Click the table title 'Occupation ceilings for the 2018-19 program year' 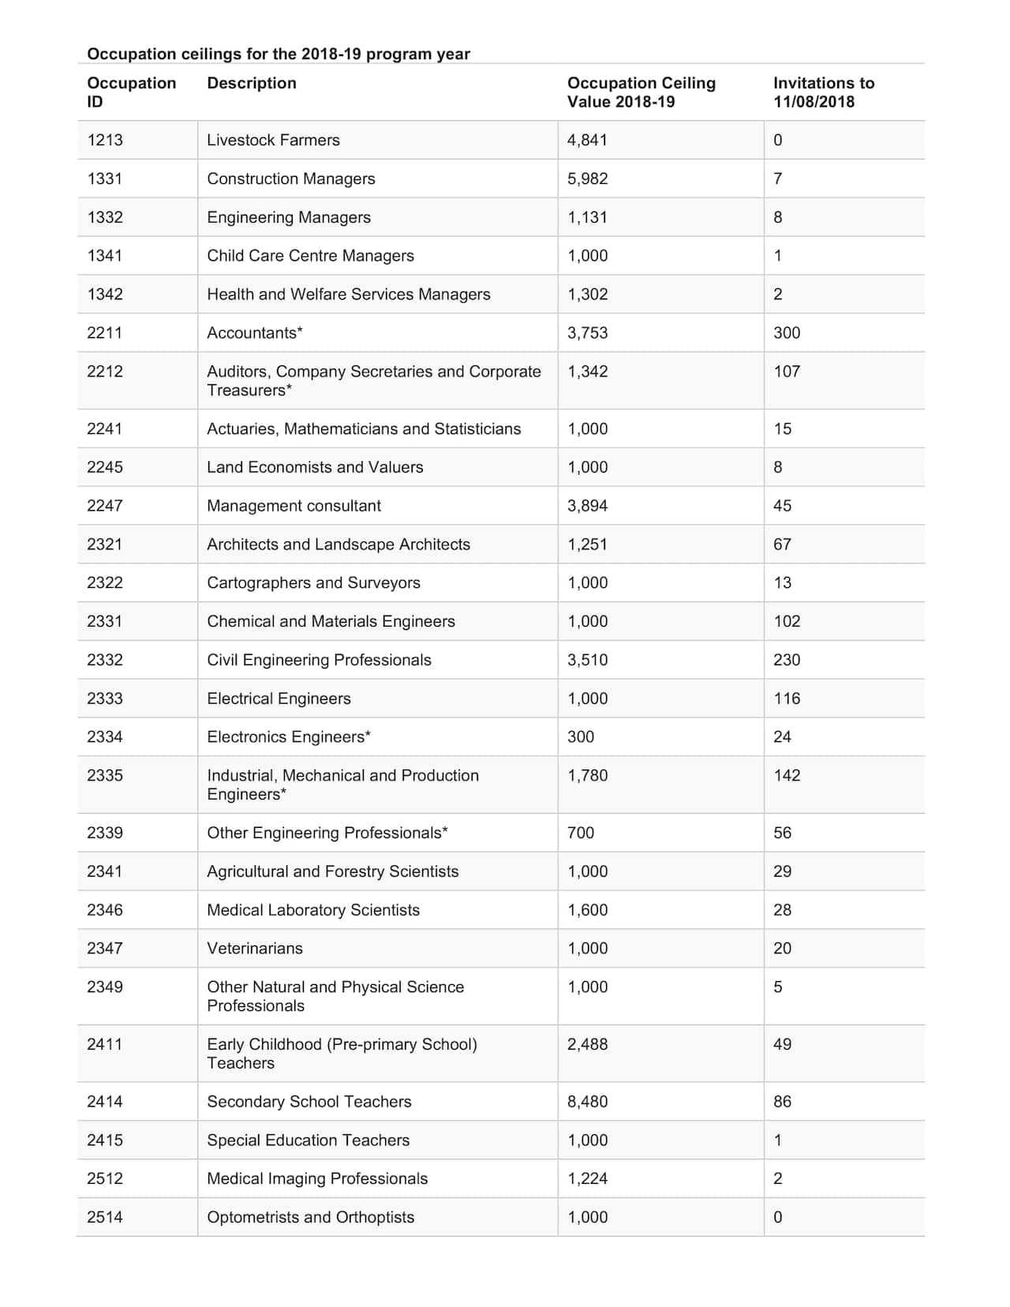278,54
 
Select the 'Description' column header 252,83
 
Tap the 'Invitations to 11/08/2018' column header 823,92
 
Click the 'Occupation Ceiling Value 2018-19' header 641,92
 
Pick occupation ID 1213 105,140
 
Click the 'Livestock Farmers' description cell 273,140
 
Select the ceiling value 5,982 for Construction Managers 587,179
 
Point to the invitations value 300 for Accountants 786,333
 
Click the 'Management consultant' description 294,506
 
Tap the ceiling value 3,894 587,506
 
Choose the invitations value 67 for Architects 782,545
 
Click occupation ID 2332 105,660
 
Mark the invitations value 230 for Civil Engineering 786,660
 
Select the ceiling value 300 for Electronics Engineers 580,737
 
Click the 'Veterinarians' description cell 254,949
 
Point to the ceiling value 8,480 587,1102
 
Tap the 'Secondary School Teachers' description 309,1102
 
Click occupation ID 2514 105,1217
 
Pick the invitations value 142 786,776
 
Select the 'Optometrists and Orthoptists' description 310,1217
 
